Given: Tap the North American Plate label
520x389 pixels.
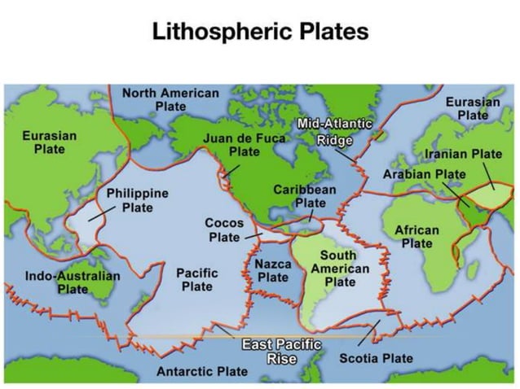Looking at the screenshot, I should click(170, 99).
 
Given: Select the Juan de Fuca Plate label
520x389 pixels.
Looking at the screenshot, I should click(244, 145).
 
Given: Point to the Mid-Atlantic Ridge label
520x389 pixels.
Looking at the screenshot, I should click(334, 131).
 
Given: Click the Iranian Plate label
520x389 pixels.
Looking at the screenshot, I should click(463, 154).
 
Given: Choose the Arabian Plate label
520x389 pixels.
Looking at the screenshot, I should click(424, 174).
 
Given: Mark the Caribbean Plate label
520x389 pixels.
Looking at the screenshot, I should click(304, 195).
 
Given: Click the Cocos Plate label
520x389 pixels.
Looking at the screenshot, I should click(224, 229).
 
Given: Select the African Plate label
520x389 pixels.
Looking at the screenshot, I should click(416, 237).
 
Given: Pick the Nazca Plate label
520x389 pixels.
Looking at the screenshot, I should click(273, 271).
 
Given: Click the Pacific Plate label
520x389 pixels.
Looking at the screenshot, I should click(196, 279).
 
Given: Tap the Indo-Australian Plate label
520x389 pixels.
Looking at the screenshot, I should click(73, 282).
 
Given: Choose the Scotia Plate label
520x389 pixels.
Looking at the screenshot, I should click(376, 358).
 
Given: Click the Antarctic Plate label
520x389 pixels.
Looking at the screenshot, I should click(201, 372).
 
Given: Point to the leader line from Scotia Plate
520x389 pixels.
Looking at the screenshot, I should click(368, 335).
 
